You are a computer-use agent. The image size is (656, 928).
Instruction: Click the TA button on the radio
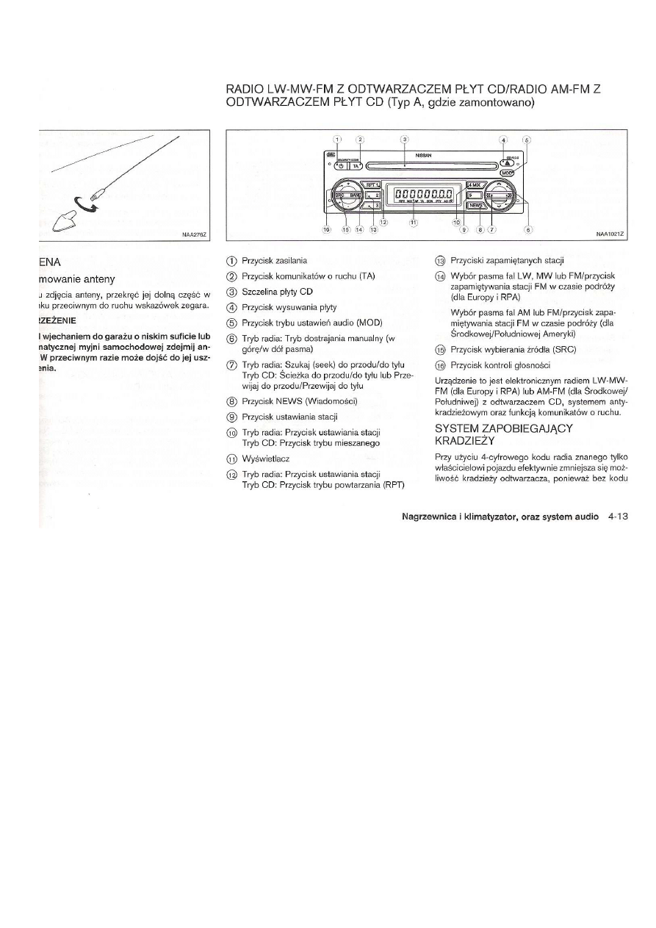(356, 166)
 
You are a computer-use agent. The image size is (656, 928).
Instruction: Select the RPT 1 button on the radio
(372, 185)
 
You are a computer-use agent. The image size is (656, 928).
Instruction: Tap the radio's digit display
(424, 194)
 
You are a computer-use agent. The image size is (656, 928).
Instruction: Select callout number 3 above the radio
(403, 139)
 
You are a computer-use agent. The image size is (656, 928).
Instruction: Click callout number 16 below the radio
(328, 230)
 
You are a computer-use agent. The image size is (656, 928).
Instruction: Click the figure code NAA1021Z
(610, 234)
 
